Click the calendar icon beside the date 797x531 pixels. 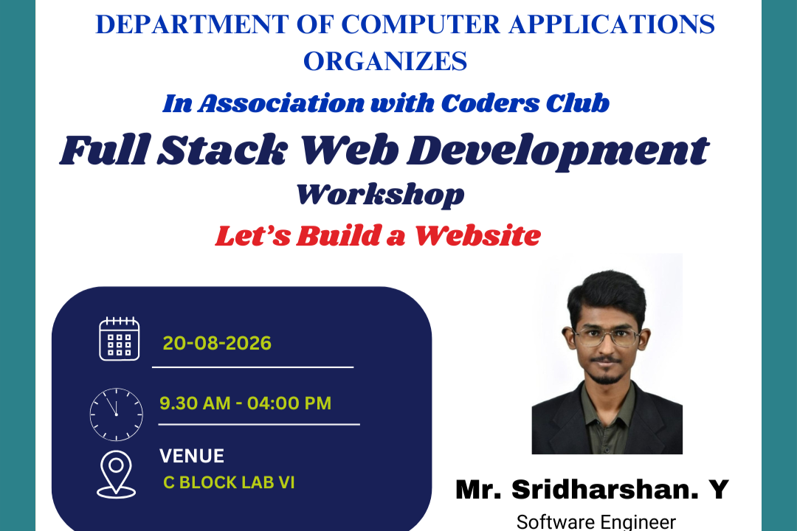(x=120, y=339)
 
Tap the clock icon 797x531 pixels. (x=117, y=414)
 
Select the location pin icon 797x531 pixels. (x=117, y=474)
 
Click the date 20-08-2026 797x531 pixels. (x=217, y=344)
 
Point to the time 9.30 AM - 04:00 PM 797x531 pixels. (x=246, y=403)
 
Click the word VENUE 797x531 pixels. (x=192, y=457)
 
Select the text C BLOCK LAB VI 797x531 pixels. (x=229, y=482)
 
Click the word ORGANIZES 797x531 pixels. (x=385, y=61)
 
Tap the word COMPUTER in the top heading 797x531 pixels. (x=421, y=24)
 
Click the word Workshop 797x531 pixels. (x=380, y=195)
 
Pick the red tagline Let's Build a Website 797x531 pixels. (x=378, y=236)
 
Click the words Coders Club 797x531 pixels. (x=525, y=103)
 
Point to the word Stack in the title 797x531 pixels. (x=223, y=150)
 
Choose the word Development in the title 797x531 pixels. (x=558, y=151)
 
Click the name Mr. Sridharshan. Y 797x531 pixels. (x=592, y=490)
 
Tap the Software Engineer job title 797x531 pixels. (x=596, y=522)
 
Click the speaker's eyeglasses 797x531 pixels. (x=607, y=337)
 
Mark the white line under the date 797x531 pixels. (x=252, y=367)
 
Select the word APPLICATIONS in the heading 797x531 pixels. (x=612, y=24)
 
